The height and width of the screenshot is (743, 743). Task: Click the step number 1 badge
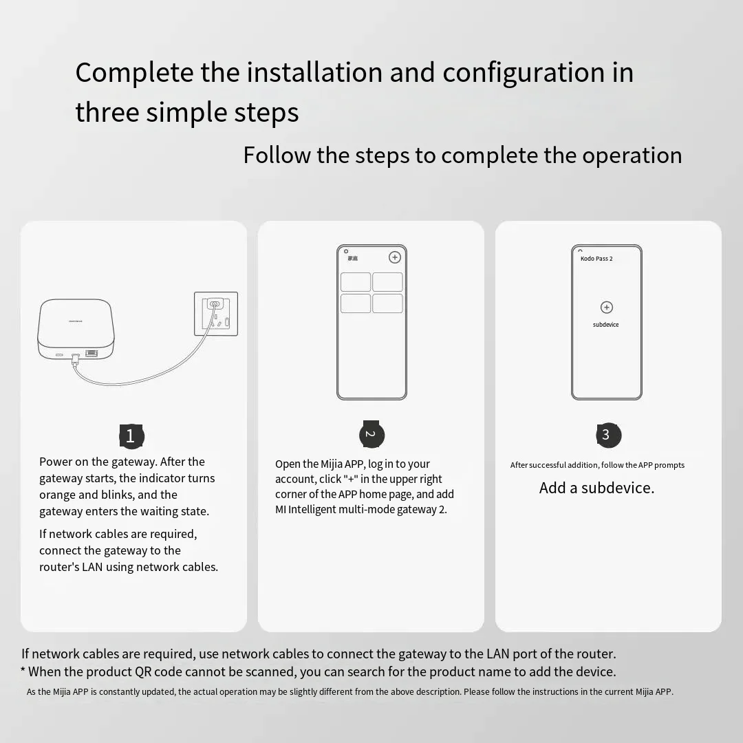click(x=131, y=435)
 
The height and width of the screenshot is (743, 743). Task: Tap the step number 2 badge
click(x=371, y=434)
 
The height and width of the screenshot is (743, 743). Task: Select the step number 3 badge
click(x=608, y=435)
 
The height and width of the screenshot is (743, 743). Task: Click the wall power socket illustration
click(x=216, y=314)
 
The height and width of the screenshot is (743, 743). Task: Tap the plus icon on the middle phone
click(x=395, y=257)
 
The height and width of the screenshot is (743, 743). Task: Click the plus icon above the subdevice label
click(x=606, y=308)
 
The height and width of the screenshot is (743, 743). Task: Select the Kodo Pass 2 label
click(x=596, y=259)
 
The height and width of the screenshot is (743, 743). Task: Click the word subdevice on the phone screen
click(x=606, y=325)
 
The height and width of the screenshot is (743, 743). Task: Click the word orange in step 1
click(x=59, y=495)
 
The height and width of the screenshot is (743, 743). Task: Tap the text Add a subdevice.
click(x=596, y=488)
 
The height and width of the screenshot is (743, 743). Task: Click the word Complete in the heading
click(x=134, y=73)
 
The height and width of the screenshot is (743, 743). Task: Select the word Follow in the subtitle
click(x=277, y=155)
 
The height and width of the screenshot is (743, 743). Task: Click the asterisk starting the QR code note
click(x=23, y=671)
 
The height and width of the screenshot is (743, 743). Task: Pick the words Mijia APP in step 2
click(x=342, y=464)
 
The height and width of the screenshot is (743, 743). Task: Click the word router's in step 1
click(x=59, y=567)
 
